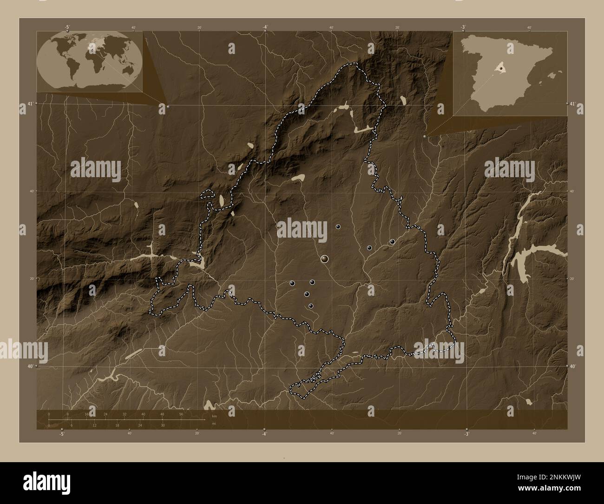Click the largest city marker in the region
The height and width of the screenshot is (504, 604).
[x=325, y=259]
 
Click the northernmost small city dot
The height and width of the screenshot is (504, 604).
[x=338, y=227]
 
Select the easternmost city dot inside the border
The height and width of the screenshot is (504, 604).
[x=393, y=242]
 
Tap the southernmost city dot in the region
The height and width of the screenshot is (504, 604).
[x=311, y=305]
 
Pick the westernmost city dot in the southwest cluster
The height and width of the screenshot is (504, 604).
[x=293, y=283]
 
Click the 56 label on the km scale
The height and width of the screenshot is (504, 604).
[x=181, y=414]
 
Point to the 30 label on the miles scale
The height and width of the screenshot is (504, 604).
[x=163, y=425]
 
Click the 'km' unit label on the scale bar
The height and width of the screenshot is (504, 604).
[x=214, y=416]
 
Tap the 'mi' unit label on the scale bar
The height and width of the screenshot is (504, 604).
[x=214, y=424]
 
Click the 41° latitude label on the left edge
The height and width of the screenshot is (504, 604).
[x=30, y=103]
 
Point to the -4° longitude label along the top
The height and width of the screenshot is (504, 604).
[x=265, y=27]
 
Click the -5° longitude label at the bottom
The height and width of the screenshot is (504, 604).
[x=61, y=433]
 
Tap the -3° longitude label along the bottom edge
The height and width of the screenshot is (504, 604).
[x=466, y=433]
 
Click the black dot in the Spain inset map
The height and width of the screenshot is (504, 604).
[x=500, y=70]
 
